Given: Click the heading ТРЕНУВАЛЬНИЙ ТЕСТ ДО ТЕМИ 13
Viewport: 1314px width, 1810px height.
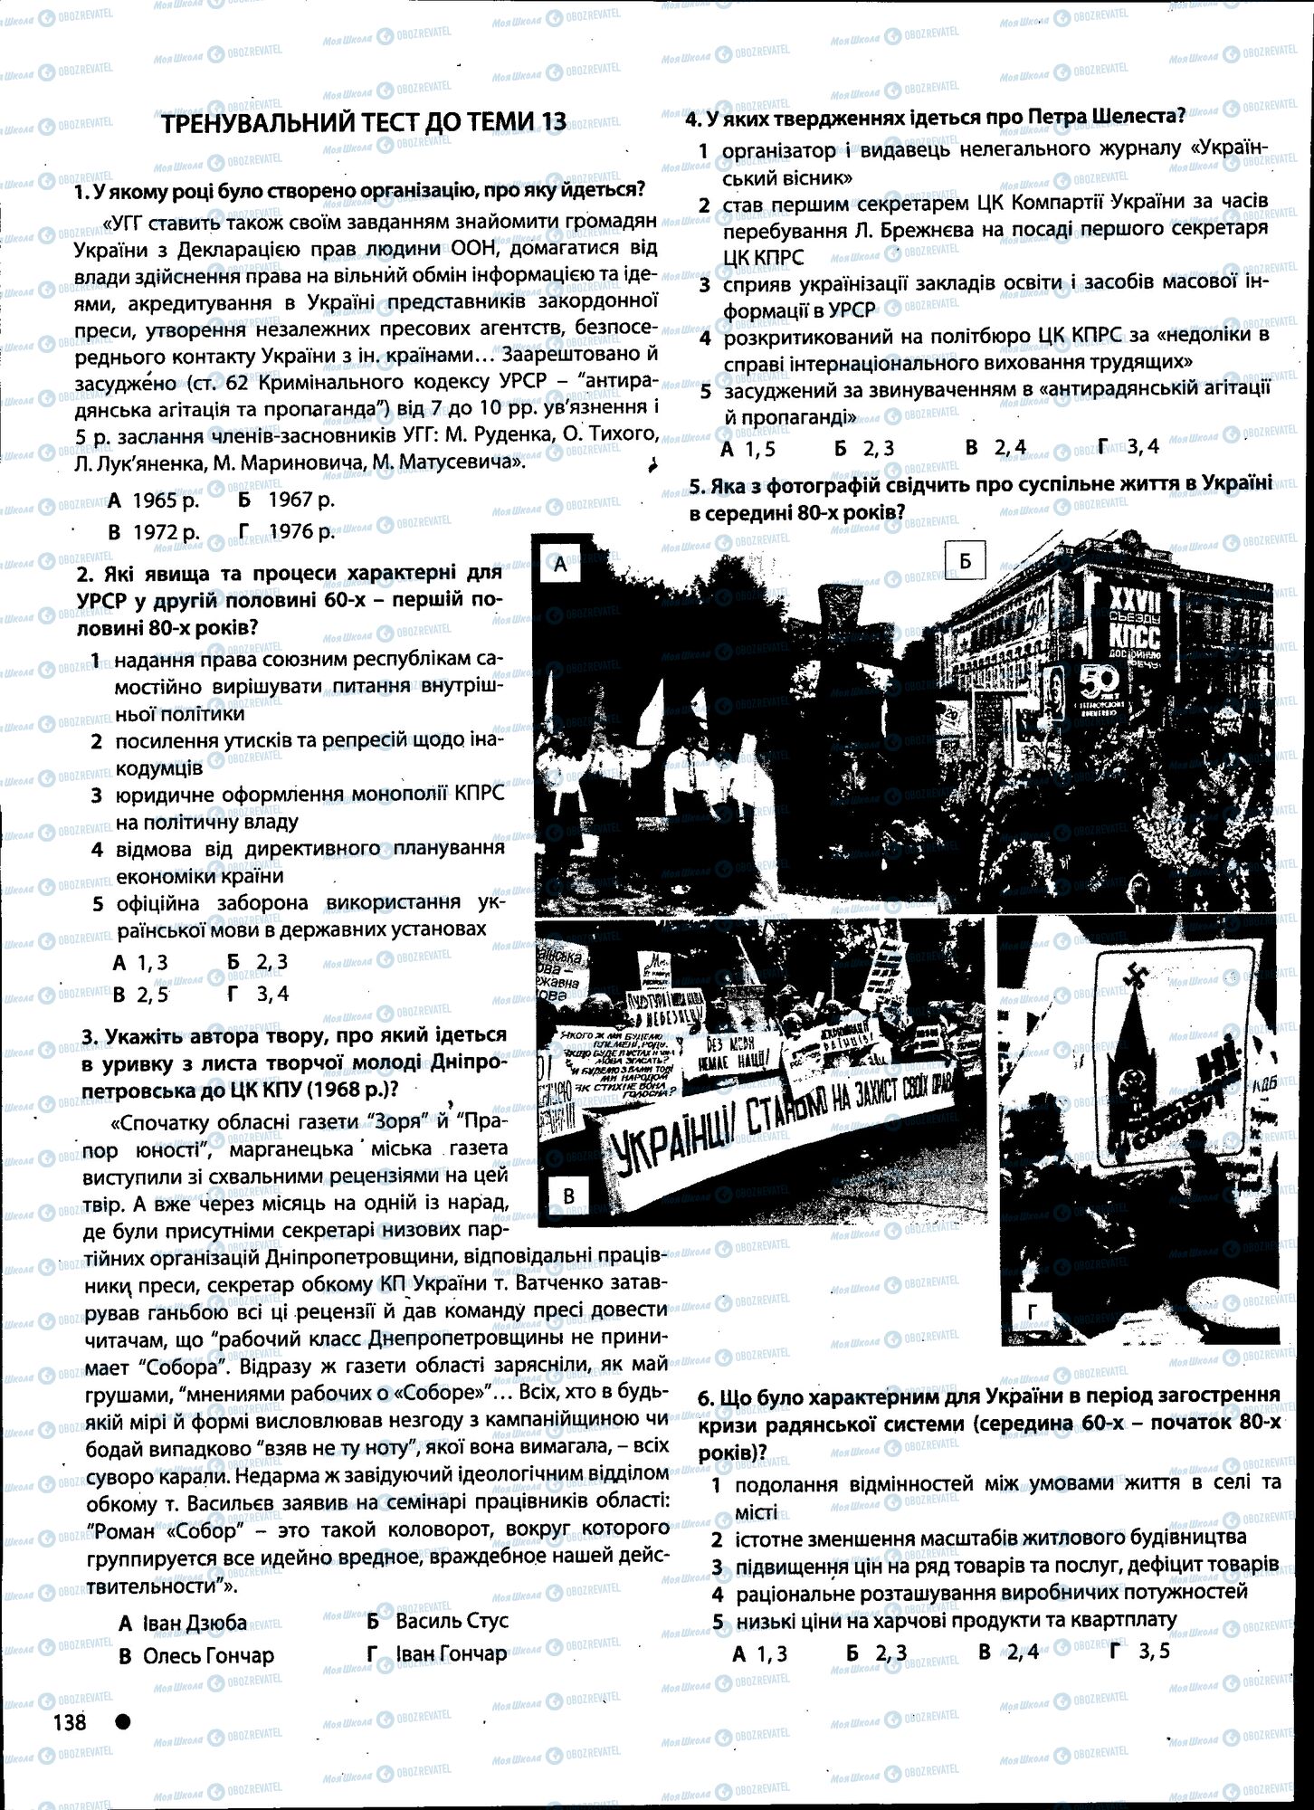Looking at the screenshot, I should coord(363,123).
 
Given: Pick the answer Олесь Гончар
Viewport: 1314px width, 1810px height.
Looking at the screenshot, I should coord(196,1655).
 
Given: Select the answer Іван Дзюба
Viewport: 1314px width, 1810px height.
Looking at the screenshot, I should coord(183,1623).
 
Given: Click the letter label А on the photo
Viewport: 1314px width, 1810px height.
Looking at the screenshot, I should coord(560,566).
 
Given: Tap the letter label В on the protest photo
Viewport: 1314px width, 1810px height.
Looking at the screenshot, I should coord(568,1196).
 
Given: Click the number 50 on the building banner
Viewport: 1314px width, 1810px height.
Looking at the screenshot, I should coord(1099,681).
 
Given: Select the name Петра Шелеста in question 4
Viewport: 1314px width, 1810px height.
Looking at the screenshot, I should coord(1107,117).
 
